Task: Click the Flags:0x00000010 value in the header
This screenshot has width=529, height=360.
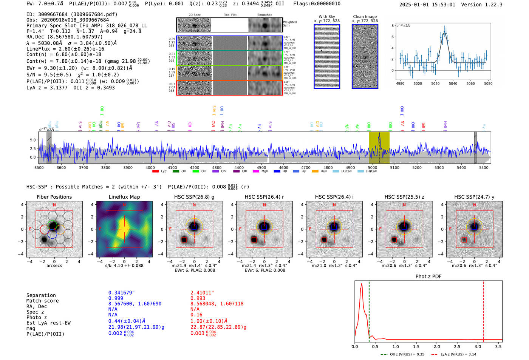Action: (x=317, y=4)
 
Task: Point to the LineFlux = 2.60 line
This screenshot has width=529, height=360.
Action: (x=65, y=49)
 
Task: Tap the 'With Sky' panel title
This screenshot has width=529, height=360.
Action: (x=326, y=17)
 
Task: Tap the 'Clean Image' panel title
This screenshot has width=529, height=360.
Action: (x=365, y=17)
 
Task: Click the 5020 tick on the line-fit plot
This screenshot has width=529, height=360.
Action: (x=435, y=83)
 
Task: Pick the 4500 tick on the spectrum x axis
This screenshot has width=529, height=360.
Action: (x=261, y=167)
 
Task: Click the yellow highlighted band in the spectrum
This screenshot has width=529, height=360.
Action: (x=379, y=147)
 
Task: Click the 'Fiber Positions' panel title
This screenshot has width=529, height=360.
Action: (x=54, y=197)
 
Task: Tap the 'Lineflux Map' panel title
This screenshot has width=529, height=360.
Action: (x=124, y=197)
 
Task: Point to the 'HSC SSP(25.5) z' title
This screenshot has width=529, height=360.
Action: (x=404, y=197)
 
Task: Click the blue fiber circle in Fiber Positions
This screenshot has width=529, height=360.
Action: (x=52, y=234)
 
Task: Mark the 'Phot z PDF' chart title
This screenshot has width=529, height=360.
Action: (x=428, y=277)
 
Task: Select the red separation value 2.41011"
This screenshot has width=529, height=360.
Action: (x=202, y=293)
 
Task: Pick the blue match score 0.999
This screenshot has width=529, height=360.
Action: (x=116, y=298)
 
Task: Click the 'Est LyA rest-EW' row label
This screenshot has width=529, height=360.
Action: (x=48, y=323)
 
